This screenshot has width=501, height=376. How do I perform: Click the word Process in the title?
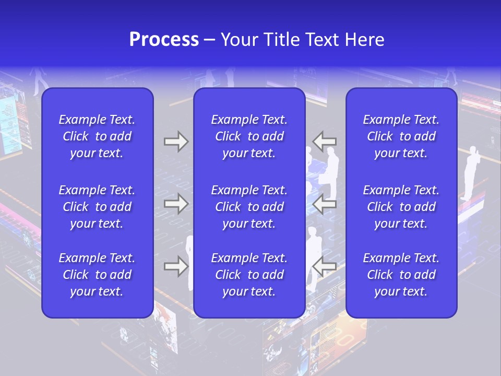click(164, 40)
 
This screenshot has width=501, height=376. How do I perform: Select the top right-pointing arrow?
click(176, 142)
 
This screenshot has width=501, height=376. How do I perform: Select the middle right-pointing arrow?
click(176, 204)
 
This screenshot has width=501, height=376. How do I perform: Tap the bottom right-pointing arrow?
click(176, 266)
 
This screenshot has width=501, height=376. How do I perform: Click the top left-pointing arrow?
click(325, 142)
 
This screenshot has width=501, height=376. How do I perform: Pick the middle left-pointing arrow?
click(325, 204)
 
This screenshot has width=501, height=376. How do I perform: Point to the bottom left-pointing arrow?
click(325, 266)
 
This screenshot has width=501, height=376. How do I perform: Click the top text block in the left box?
click(97, 136)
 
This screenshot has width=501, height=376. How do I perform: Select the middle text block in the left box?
click(97, 207)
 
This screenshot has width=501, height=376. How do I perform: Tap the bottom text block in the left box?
click(97, 275)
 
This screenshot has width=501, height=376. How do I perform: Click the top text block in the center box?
click(249, 136)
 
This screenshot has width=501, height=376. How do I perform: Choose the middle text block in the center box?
click(249, 207)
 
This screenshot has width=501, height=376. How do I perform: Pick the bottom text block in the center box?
click(249, 275)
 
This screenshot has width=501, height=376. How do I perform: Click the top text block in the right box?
click(401, 136)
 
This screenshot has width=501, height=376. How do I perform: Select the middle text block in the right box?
click(401, 207)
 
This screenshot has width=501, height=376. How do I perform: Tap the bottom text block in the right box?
click(401, 275)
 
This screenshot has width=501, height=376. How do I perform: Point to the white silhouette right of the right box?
click(471, 172)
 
